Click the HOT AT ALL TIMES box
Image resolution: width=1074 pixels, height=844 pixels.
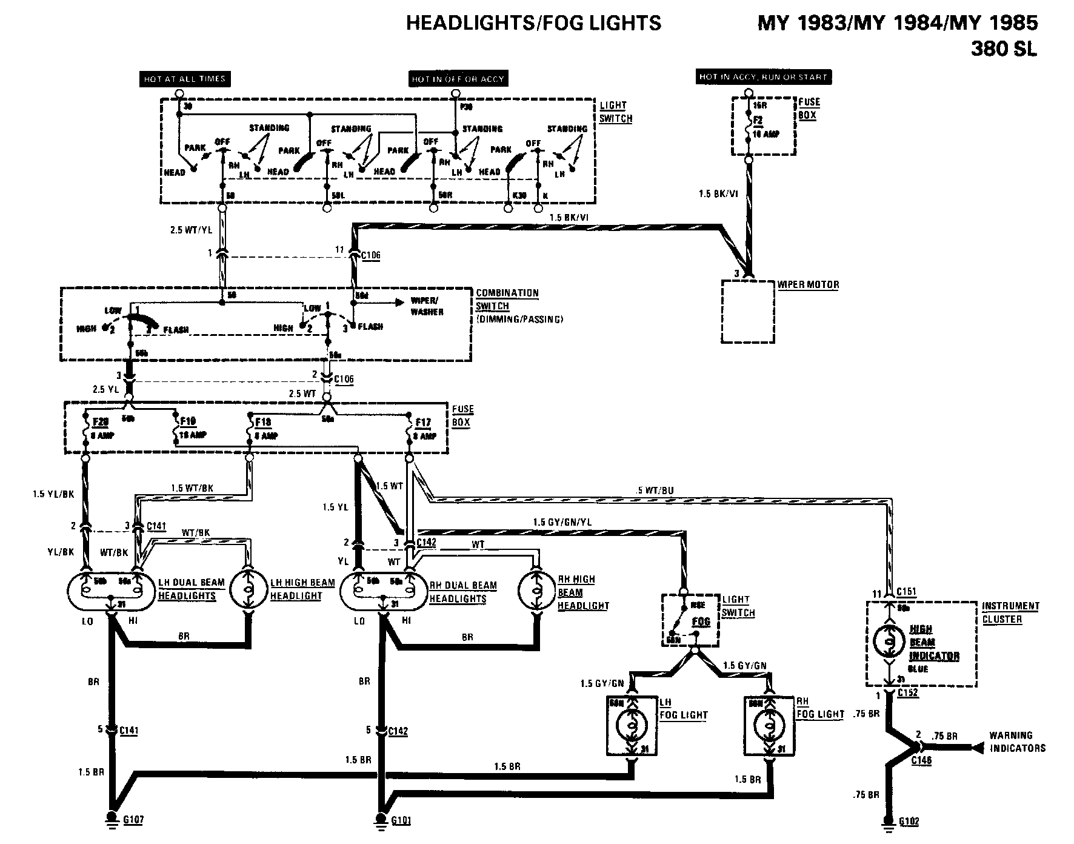tap(184, 79)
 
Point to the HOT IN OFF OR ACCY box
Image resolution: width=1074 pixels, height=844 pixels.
tap(458, 79)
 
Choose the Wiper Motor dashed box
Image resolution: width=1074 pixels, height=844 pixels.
tap(748, 312)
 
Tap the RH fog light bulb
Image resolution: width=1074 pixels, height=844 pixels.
tap(769, 726)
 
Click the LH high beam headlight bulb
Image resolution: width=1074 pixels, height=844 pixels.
tap(247, 588)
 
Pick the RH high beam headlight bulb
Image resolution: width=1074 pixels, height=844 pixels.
tap(536, 588)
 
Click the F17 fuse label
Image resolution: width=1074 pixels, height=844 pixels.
tap(423, 423)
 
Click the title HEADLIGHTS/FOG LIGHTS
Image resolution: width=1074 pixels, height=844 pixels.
tap(533, 23)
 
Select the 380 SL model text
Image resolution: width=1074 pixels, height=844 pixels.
tap(1004, 49)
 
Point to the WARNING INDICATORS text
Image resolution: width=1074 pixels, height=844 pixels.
tap(1018, 742)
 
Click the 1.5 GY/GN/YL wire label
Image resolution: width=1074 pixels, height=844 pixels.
tap(562, 522)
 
